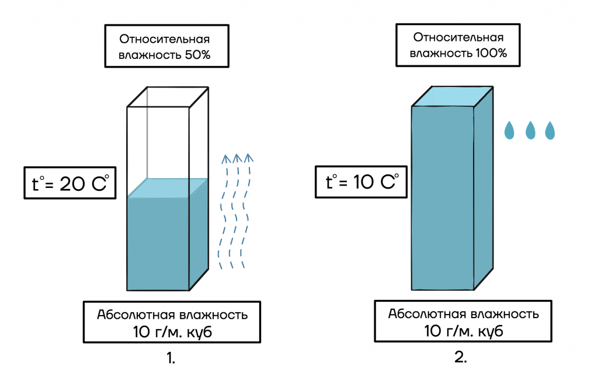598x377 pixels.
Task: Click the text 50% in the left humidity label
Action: tap(197, 55)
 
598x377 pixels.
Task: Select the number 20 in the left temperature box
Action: tap(72, 184)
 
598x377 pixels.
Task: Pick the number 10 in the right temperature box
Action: tap(363, 182)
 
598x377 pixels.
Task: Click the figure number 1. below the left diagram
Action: tap(171, 358)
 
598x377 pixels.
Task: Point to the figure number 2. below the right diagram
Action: tap(461, 357)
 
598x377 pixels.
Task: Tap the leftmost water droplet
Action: tap(509, 130)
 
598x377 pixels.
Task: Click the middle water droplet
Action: tap(530, 130)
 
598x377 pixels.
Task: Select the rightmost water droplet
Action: tap(550, 130)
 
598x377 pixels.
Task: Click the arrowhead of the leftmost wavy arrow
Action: tap(226, 159)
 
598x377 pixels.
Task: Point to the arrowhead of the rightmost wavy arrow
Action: tap(248, 158)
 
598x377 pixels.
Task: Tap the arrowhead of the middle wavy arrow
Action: tap(237, 158)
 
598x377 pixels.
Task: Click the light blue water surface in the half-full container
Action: tap(168, 188)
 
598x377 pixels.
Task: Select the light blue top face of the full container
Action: tap(453, 96)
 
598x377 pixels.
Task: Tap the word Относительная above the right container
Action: tap(458, 37)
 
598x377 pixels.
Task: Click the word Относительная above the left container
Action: tap(164, 39)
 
